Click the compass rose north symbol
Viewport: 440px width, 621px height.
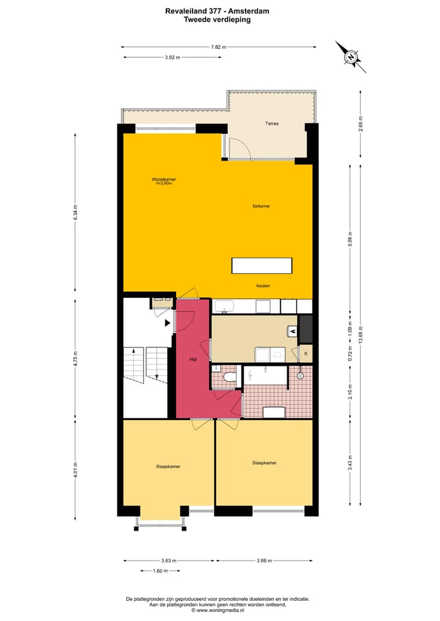[351, 57]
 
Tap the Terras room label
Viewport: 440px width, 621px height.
[272, 123]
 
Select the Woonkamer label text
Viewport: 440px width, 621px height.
[164, 180]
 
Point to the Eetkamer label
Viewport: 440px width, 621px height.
[261, 206]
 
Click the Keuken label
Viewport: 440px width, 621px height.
[263, 286]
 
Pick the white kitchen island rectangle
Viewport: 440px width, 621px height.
[262, 266]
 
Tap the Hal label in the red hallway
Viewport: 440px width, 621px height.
[193, 360]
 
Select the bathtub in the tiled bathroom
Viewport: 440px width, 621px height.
[265, 376]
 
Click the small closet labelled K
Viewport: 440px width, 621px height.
[306, 354]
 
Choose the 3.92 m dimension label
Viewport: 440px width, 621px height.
[172, 57]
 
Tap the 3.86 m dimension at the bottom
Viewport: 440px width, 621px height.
[263, 561]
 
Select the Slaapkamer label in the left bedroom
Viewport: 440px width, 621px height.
[168, 467]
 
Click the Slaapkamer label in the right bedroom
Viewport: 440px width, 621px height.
[264, 463]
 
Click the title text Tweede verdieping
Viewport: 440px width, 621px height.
[217, 20]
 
